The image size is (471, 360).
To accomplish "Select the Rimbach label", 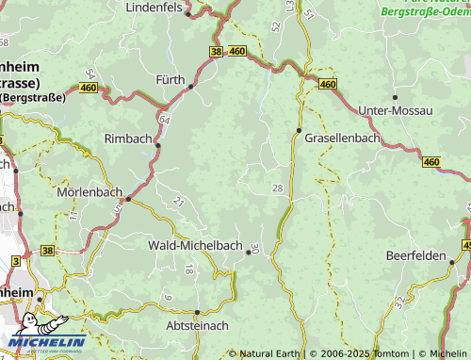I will [x=128, y=139].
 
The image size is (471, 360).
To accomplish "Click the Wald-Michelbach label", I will [x=194, y=245].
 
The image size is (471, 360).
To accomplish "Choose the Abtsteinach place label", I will [x=197, y=326].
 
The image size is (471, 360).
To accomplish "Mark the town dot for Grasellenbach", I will [x=299, y=130].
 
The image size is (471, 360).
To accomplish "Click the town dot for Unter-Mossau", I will [x=396, y=97].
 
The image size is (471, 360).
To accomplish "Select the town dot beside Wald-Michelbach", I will [x=249, y=252].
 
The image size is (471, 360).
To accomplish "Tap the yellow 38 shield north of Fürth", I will [x=217, y=52].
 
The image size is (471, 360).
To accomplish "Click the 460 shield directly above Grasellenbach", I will [x=327, y=85].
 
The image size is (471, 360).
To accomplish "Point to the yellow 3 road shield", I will [x=15, y=260].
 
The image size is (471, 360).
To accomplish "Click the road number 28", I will [x=276, y=189].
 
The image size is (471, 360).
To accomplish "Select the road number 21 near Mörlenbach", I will [x=178, y=201].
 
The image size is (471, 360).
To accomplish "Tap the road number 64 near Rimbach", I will [x=164, y=121].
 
